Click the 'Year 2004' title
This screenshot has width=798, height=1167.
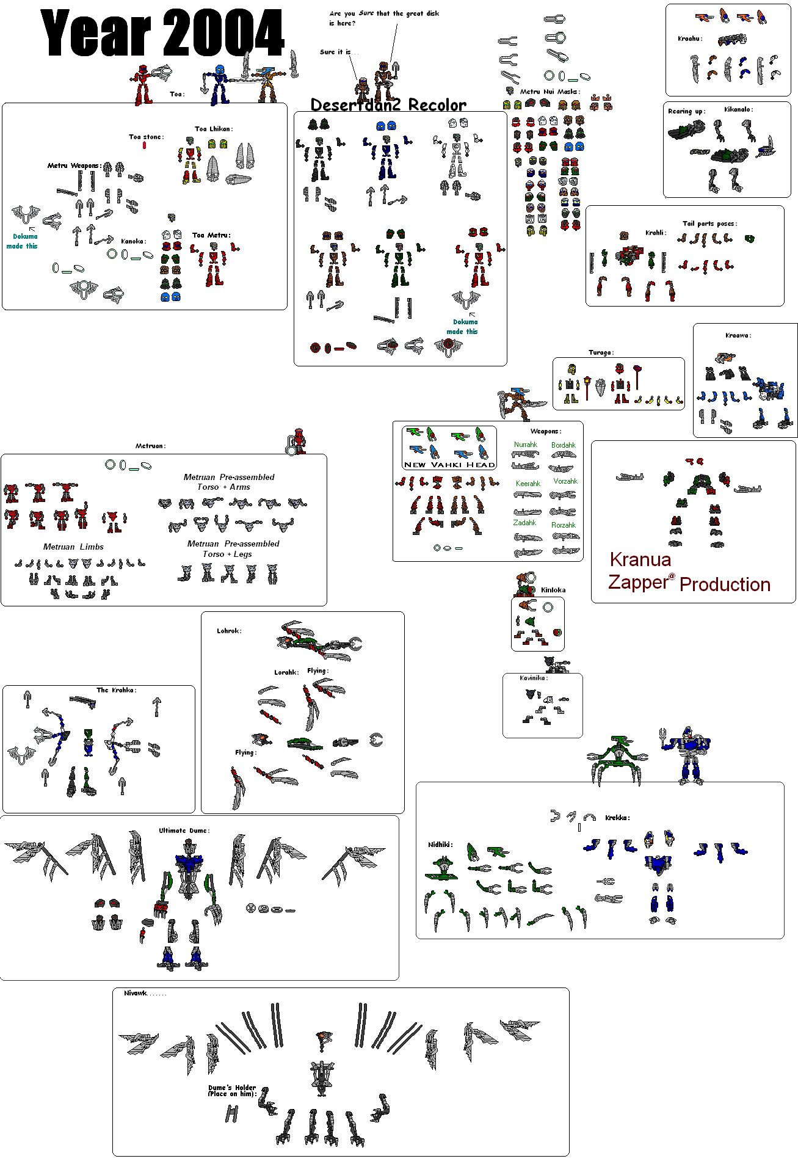[x=162, y=34]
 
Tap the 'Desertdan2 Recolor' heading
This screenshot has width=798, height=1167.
[x=388, y=104]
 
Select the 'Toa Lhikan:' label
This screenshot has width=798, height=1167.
[x=214, y=129]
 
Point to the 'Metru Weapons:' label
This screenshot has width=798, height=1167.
[x=74, y=165]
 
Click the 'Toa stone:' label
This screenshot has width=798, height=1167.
[x=146, y=137]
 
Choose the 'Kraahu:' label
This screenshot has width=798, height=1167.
[x=690, y=38]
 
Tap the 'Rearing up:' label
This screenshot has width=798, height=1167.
[x=686, y=111]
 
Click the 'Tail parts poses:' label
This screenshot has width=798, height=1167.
[x=709, y=224]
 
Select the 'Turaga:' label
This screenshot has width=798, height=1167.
[x=601, y=352]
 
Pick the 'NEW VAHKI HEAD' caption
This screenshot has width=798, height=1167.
[x=449, y=465]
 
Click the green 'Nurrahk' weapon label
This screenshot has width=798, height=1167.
[x=525, y=445]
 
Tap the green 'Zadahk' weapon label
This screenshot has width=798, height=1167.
[x=524, y=523]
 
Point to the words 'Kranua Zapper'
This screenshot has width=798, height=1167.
[x=640, y=571]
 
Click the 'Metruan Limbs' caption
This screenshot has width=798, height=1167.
[x=73, y=547]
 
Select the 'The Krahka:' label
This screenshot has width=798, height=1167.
[x=117, y=690]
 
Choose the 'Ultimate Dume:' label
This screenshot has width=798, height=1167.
[x=184, y=831]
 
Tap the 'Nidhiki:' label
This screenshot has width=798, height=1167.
[x=440, y=845]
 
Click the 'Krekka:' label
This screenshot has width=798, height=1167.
[x=617, y=818]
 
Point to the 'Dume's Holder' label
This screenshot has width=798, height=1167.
[x=232, y=1088]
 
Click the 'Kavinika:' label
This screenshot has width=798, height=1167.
[x=534, y=678]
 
